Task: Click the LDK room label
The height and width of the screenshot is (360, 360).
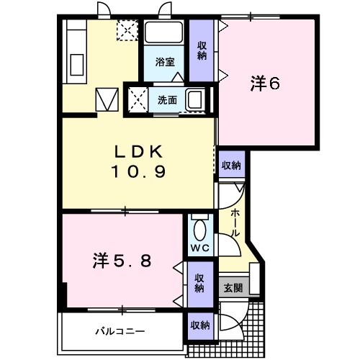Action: click(139, 152)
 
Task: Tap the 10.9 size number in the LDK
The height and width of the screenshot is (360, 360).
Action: click(138, 171)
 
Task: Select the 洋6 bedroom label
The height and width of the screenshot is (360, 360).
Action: click(265, 84)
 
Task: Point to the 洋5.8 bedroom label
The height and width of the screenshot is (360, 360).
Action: click(122, 261)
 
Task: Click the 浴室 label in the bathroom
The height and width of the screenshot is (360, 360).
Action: click(165, 62)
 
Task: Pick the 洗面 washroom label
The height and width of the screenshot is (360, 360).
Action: click(167, 100)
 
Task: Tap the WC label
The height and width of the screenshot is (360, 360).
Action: click(200, 248)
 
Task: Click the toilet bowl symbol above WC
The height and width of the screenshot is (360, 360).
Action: click(200, 230)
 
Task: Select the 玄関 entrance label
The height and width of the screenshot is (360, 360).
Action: click(233, 288)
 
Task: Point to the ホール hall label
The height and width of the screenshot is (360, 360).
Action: click(235, 222)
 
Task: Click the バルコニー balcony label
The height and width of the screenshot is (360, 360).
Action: click(120, 332)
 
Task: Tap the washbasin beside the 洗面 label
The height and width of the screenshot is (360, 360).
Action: click(196, 100)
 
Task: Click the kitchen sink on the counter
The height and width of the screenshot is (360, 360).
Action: click(77, 65)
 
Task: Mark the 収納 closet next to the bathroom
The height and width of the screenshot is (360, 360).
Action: click(202, 50)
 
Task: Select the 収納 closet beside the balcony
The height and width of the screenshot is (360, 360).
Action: click(200, 325)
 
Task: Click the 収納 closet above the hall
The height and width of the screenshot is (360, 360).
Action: click(231, 165)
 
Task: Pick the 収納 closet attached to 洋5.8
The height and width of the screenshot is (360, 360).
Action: click(199, 284)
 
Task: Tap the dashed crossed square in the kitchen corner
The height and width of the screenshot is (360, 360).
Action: click(127, 30)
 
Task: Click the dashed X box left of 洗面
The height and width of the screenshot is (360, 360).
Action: click(138, 100)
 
